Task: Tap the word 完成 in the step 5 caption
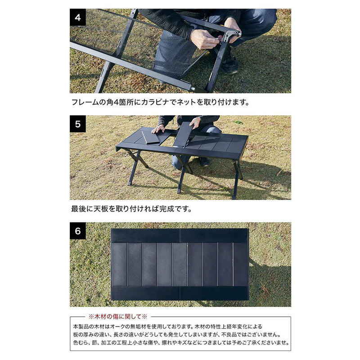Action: (x=169, y=209)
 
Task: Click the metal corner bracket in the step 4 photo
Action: (x=231, y=35)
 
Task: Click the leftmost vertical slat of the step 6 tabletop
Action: (x=119, y=265)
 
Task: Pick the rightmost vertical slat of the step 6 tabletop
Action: (x=241, y=265)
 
